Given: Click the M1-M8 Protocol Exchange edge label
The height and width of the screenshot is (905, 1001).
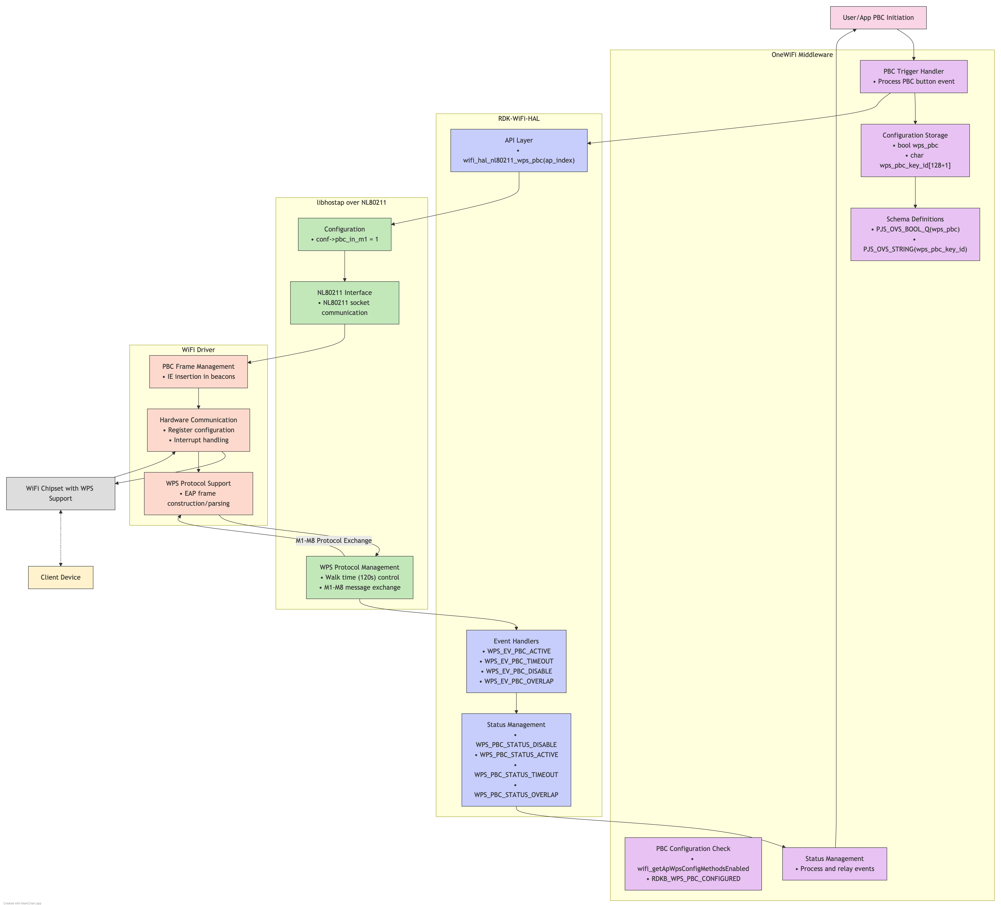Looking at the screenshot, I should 334,541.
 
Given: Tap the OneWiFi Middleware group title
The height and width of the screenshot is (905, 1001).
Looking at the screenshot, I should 802,55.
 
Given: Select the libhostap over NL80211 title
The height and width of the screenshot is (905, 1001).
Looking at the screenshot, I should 352,202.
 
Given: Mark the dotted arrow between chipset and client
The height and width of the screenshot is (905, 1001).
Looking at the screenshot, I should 61,538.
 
